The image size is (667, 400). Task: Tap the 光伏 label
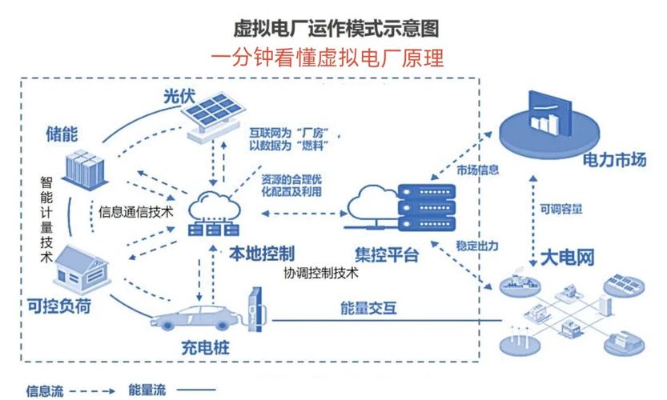coord(179,96)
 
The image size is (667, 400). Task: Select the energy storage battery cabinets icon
coord(84,169)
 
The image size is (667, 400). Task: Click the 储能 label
coord(62,134)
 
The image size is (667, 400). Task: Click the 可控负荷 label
coord(59,306)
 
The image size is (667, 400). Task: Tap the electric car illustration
coord(197,318)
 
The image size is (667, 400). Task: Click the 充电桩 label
coord(206,348)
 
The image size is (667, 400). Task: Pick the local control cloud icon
coord(214,214)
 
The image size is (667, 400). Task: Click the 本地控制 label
coord(262,254)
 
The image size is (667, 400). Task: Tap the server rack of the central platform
coord(427,207)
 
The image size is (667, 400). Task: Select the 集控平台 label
coord(387,255)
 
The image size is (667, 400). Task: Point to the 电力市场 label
coord(614,160)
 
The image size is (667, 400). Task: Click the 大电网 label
coord(567,258)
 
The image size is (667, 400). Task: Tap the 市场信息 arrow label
coord(477,170)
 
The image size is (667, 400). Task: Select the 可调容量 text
coord(561,209)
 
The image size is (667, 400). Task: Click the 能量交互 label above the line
coord(368,308)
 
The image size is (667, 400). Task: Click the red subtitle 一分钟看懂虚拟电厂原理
coord(327,58)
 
